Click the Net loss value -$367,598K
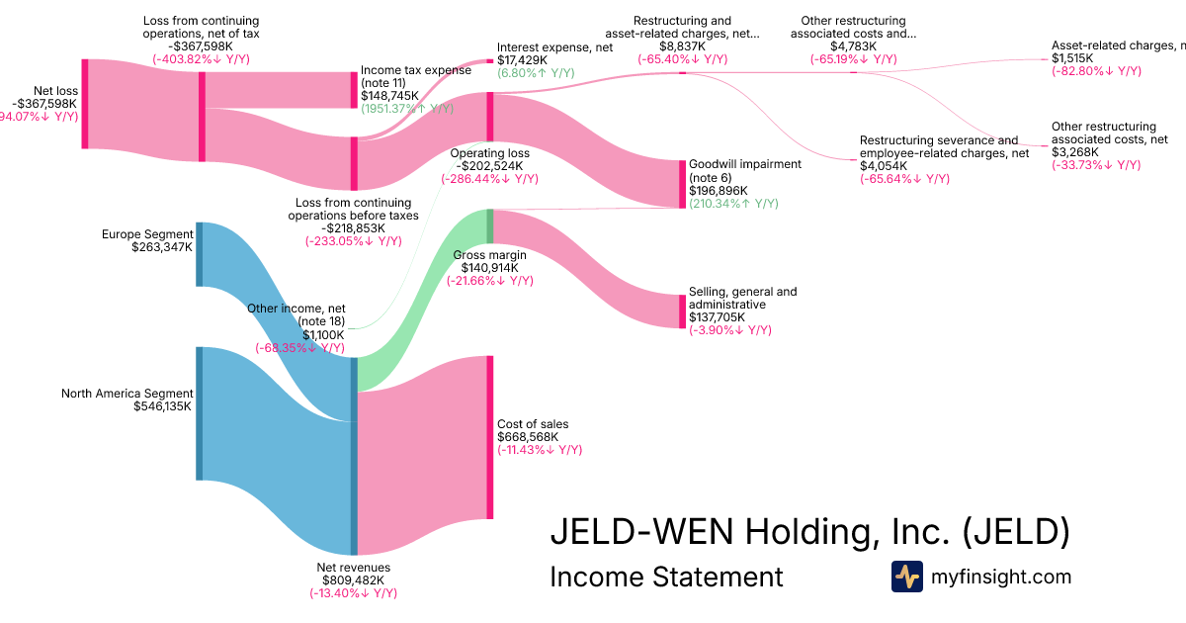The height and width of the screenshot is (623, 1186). pos(43,103)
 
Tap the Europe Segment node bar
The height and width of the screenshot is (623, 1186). pos(199,255)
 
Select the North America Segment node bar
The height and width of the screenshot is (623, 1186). pos(199,413)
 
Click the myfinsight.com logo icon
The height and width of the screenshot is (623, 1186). pos(906,577)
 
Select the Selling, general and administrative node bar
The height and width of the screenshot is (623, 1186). pos(681,311)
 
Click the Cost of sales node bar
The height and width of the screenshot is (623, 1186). pos(489,436)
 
